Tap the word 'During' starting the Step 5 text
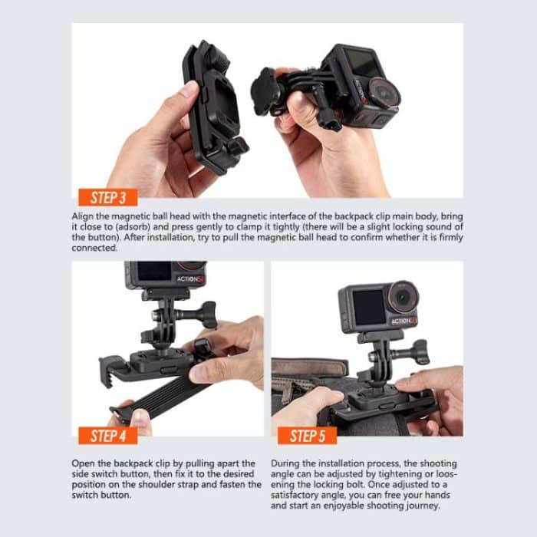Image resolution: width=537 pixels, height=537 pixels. [286, 464]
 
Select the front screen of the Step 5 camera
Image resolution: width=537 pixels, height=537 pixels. [360, 305]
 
